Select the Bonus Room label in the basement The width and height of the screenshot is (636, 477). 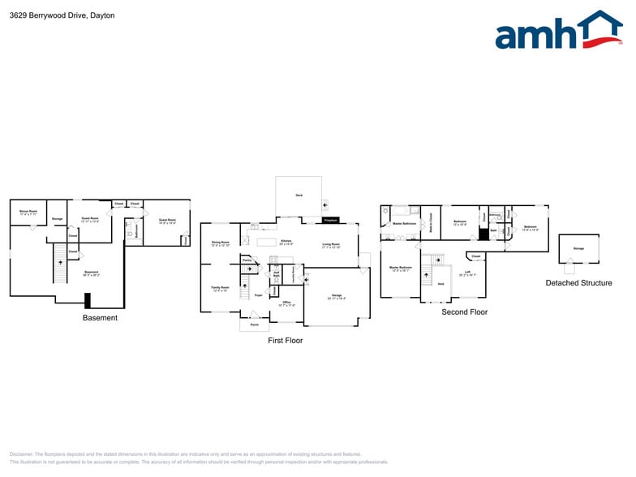point(28,213)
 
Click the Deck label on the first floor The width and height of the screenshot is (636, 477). point(299,196)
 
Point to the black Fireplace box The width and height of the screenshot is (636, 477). point(330,220)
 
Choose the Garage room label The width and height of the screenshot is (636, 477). point(336,296)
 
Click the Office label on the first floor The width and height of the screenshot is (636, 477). point(286,303)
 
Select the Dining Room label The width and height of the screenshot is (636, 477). point(220,243)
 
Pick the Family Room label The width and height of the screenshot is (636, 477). point(220,288)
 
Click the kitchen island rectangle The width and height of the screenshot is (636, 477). point(267,242)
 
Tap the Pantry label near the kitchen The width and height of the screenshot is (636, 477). point(247,260)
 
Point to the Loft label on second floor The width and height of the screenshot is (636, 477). point(467,273)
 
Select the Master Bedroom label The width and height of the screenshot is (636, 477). point(400,268)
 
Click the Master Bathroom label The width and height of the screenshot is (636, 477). point(404,223)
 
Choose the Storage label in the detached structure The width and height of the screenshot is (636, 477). point(578,248)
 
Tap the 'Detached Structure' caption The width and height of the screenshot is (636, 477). point(578,283)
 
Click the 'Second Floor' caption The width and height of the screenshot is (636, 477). point(464,312)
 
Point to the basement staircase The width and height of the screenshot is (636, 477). point(58,265)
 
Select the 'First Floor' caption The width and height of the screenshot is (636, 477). point(285,341)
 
